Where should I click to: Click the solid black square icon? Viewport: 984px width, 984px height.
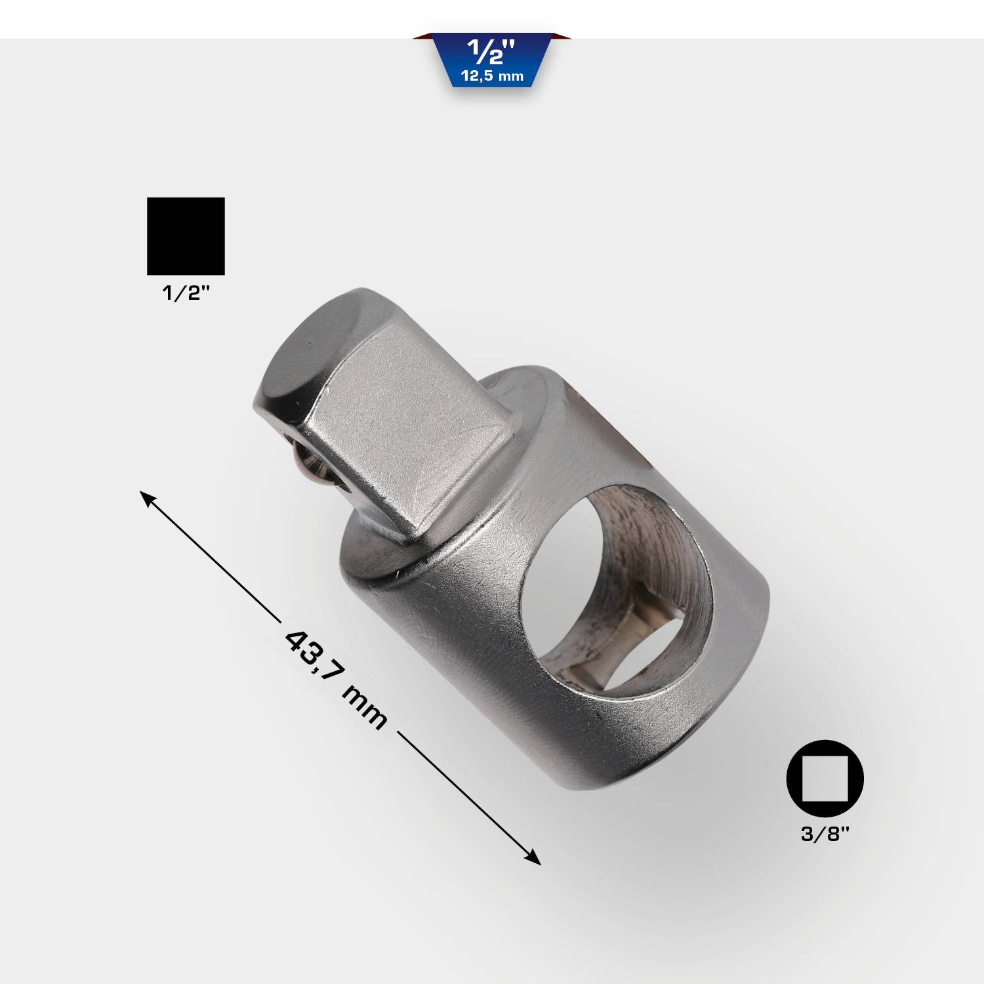pos(186,236)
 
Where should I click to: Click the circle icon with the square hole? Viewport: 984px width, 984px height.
pos(825,779)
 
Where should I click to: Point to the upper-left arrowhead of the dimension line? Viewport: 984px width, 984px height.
pos(146,496)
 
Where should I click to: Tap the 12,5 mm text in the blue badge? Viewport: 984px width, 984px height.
pos(492,76)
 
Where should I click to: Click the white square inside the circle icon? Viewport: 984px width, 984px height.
pos(825,779)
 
